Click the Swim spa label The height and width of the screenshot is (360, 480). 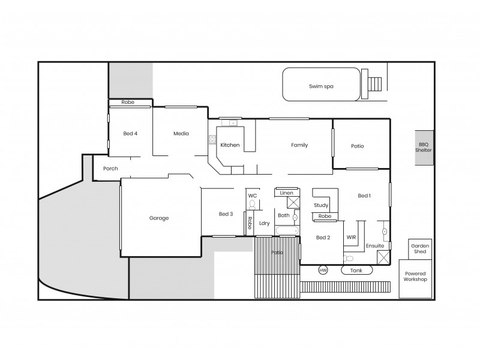(x=321, y=86)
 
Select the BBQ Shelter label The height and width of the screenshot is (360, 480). (x=425, y=148)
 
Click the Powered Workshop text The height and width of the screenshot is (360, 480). (x=415, y=276)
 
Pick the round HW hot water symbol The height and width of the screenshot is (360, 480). (x=323, y=270)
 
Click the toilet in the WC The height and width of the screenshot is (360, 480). (x=253, y=205)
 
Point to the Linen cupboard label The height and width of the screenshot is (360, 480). (x=287, y=193)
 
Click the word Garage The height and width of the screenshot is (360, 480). (x=159, y=218)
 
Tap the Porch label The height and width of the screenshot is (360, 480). (x=110, y=169)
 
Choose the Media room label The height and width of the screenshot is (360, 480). (x=181, y=133)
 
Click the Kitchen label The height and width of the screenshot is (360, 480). (x=230, y=145)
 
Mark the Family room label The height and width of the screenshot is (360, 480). (x=299, y=145)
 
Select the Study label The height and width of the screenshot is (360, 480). (x=321, y=205)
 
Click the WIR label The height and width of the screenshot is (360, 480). (x=352, y=238)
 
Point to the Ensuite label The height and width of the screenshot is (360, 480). (x=374, y=245)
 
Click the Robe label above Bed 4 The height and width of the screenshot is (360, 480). (x=128, y=103)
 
